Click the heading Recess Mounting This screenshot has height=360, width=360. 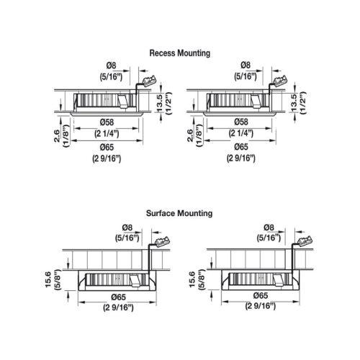pyautogui.click(x=180, y=53)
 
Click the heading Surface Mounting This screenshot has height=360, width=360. pyautogui.click(x=179, y=213)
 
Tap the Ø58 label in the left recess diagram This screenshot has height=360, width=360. pyautogui.click(x=107, y=122)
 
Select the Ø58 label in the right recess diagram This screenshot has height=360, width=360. pyautogui.click(x=241, y=122)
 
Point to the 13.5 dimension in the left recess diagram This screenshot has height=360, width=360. pyautogui.click(x=160, y=103)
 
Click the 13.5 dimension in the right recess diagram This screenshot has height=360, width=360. pyautogui.click(x=294, y=103)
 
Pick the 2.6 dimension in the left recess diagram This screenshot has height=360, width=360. pyautogui.click(x=57, y=135)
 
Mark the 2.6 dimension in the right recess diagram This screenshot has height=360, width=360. pyautogui.click(x=190, y=135)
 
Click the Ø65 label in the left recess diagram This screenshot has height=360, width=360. pyautogui.click(x=107, y=147)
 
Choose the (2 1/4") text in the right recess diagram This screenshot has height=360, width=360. pyautogui.click(x=241, y=132)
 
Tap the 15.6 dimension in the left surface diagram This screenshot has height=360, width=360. pyautogui.click(x=48, y=279)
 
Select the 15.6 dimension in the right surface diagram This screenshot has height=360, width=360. pyautogui.click(x=192, y=279)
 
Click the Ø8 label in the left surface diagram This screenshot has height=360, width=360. pyautogui.click(x=127, y=228)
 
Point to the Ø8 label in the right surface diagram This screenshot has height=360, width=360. pyautogui.click(x=269, y=227)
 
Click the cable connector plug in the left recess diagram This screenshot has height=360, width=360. pyautogui.click(x=149, y=81)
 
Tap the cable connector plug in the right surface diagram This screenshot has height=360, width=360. pyautogui.click(x=305, y=240)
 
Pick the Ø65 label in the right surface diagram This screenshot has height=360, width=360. pyautogui.click(x=261, y=295)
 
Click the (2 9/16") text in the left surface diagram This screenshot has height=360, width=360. pyautogui.click(x=119, y=307)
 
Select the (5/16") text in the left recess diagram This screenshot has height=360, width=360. pyautogui.click(x=112, y=77)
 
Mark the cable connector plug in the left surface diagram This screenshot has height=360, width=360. pyautogui.click(x=163, y=241)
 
